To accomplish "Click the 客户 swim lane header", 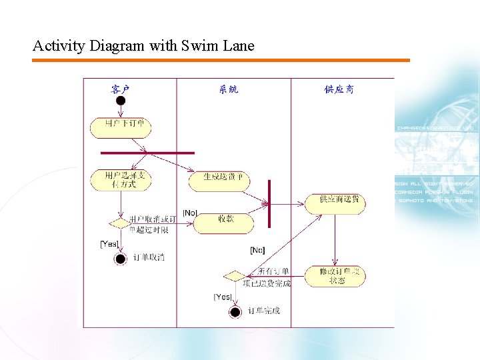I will click(x=120, y=89).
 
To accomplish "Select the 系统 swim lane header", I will click(x=229, y=89).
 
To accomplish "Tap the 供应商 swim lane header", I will click(x=339, y=89).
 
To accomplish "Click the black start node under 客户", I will click(x=120, y=101).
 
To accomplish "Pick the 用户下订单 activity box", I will click(x=121, y=126).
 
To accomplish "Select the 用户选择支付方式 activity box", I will click(x=121, y=179).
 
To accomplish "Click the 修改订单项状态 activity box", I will click(x=335, y=275).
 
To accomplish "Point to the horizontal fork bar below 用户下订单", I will click(x=147, y=153).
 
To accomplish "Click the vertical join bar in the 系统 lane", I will click(x=269, y=204).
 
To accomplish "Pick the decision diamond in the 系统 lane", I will click(x=234, y=275).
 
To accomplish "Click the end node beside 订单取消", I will click(x=120, y=259).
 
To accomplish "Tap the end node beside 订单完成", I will click(x=235, y=311).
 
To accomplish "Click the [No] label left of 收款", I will click(x=190, y=213).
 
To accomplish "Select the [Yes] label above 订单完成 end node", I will click(x=223, y=297).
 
